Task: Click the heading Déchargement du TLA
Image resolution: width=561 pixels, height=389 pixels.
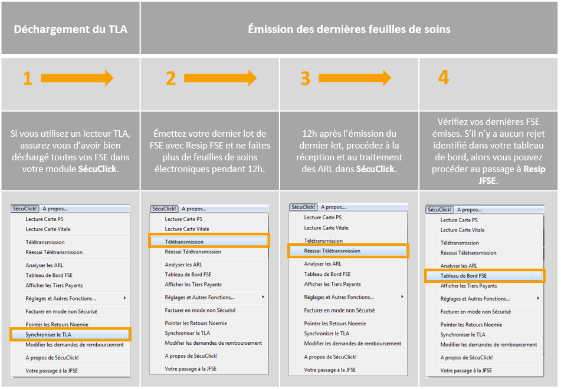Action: [x=70, y=29]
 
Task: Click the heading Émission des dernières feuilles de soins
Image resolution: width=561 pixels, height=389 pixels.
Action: [x=349, y=29]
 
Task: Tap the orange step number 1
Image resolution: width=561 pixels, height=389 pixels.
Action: [x=28, y=78]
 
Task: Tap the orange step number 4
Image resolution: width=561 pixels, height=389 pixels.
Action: [x=444, y=77]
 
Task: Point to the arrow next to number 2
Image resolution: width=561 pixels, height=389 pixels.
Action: [x=220, y=78]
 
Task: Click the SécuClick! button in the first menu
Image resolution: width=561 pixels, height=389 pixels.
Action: [x=24, y=209]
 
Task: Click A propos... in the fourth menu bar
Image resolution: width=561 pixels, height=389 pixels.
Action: [x=469, y=210]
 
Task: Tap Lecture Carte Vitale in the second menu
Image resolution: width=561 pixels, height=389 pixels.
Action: [x=187, y=229]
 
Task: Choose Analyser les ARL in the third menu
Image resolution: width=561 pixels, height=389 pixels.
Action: [x=323, y=264]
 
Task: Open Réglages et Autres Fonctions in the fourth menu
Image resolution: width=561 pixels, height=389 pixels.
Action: [x=475, y=299]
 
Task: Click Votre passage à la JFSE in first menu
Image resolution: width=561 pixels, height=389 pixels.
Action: [x=51, y=371]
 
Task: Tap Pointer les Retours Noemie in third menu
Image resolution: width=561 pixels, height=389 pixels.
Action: [x=335, y=324]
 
